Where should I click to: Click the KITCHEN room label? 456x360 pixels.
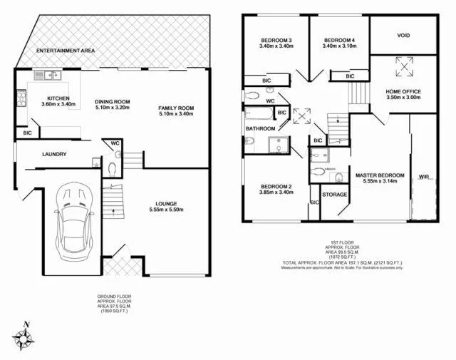click(x=58, y=98)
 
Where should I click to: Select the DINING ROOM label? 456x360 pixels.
click(x=112, y=102)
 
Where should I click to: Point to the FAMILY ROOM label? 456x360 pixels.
click(x=175, y=108)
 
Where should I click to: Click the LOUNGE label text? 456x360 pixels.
click(x=166, y=203)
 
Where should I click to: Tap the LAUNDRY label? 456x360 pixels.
click(x=55, y=154)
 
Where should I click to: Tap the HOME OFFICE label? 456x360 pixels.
click(x=404, y=91)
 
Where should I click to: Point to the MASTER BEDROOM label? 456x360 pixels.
click(x=379, y=175)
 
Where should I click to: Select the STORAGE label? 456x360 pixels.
click(x=334, y=195)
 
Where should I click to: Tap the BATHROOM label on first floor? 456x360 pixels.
click(x=261, y=128)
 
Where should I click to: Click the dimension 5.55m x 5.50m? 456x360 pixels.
click(x=166, y=210)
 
